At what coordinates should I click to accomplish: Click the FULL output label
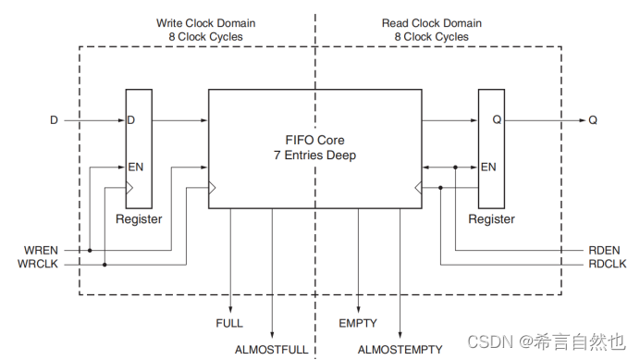coord(229,324)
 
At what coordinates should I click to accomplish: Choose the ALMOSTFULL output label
coord(272,350)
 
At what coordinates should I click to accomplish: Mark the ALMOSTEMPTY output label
coord(400,350)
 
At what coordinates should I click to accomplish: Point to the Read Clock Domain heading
coord(425,22)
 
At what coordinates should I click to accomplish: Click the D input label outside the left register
coord(53,119)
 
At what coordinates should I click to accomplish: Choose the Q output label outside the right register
coord(592,119)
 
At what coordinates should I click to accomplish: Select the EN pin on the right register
coord(488,168)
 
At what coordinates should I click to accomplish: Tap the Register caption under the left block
coord(139,219)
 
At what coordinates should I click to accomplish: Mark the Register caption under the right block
coord(491,219)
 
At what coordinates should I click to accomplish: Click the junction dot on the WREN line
coord(91,250)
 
